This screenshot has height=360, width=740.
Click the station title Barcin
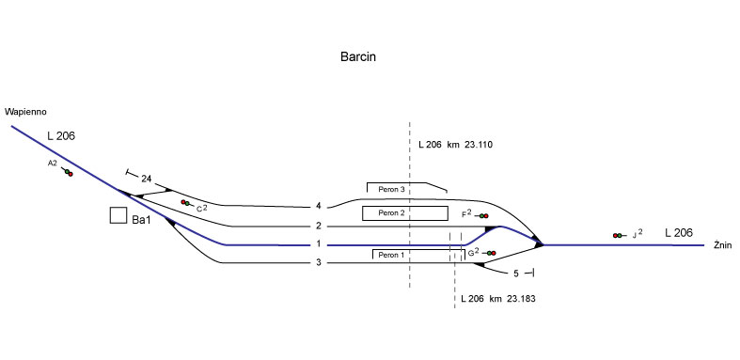point(358,56)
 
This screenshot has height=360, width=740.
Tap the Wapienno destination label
point(26,112)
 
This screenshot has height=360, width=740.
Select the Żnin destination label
point(722,244)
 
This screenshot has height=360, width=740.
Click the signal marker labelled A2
point(67,172)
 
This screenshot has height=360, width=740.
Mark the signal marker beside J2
point(619,235)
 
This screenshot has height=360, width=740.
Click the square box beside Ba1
point(118,215)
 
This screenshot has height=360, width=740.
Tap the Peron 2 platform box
point(405,213)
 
